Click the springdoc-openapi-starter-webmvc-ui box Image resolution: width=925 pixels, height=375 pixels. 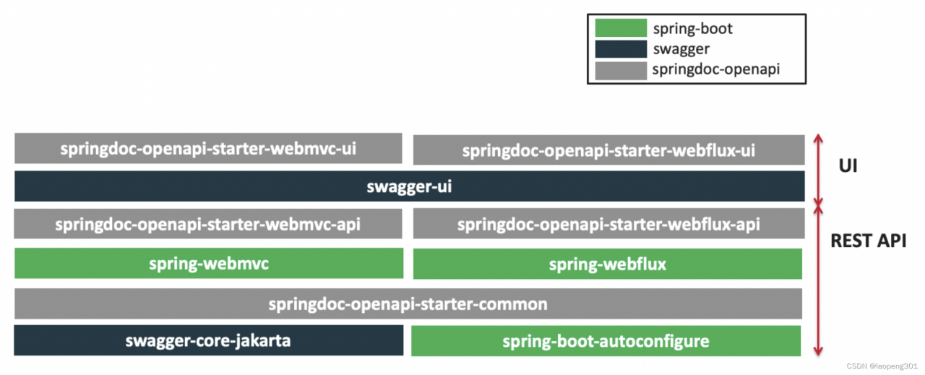[x=208, y=148]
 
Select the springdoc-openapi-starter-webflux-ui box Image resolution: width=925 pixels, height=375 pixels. [x=608, y=150]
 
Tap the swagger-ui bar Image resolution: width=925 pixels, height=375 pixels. [x=409, y=186]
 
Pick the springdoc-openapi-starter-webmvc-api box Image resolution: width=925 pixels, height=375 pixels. [x=208, y=224]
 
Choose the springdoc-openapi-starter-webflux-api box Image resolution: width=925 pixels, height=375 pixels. [x=608, y=224]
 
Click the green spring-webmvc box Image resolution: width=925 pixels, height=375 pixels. [x=208, y=263]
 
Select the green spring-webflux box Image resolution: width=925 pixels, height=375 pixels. [x=607, y=264]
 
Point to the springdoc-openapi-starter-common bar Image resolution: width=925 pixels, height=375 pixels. [x=408, y=303]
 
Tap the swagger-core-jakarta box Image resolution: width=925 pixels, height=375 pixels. [x=208, y=340]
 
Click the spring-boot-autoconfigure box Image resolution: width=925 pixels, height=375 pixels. [x=606, y=340]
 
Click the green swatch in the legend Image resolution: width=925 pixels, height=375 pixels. [x=620, y=28]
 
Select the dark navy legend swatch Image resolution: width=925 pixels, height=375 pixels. [x=620, y=49]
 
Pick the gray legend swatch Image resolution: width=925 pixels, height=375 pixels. [x=620, y=70]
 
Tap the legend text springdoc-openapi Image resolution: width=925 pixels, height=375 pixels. [x=715, y=70]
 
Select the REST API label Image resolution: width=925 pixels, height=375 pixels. [x=868, y=241]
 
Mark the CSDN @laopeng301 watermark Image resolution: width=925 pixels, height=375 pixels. [x=882, y=366]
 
